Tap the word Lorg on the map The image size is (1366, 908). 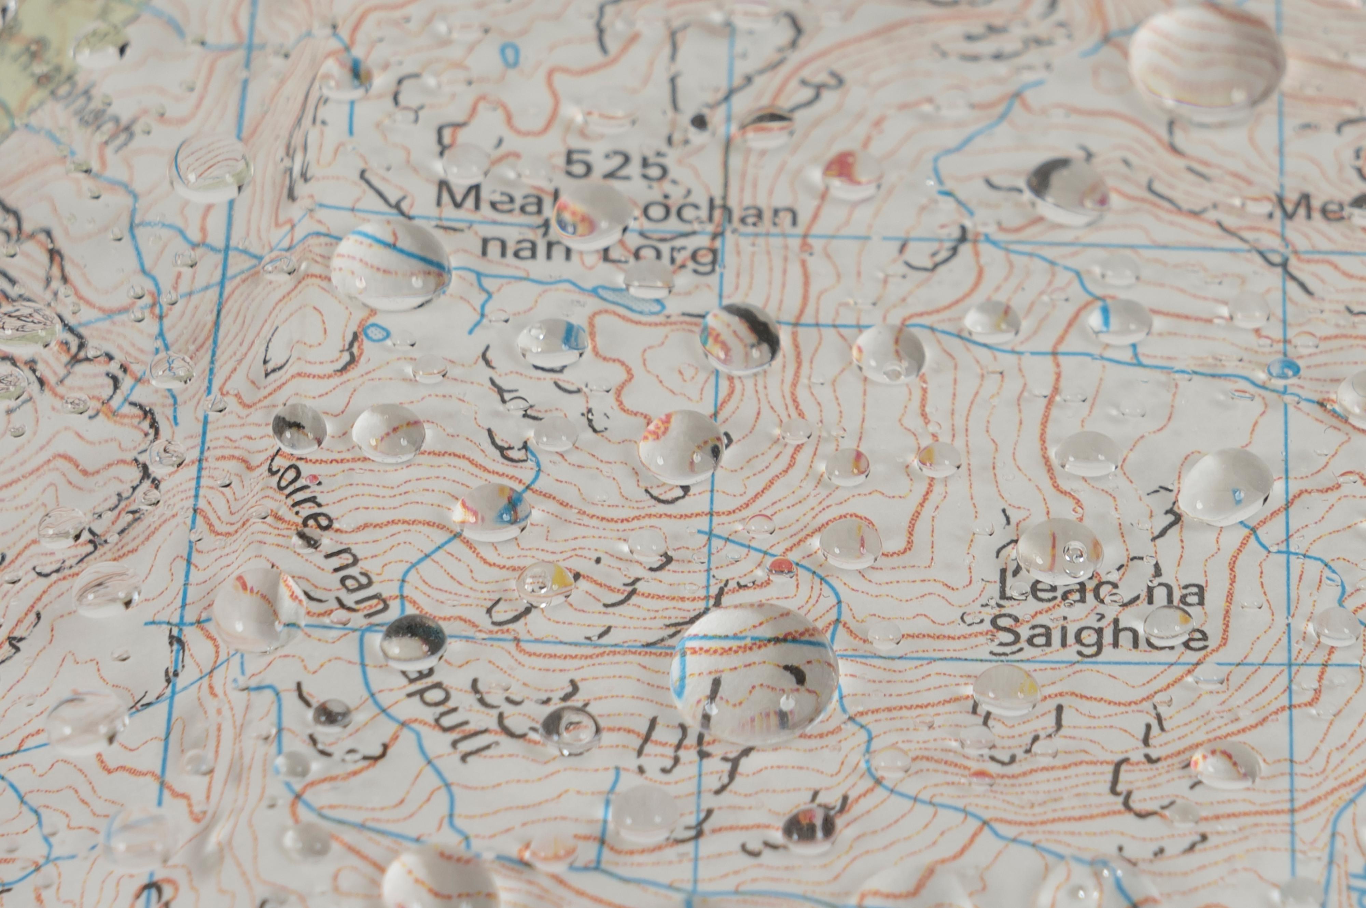672,254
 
